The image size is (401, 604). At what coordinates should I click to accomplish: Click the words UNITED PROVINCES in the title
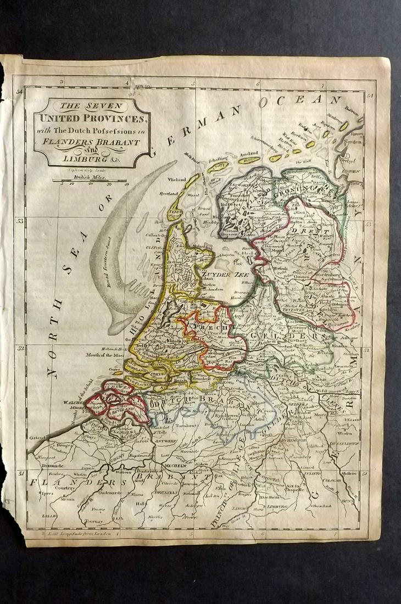click(91, 118)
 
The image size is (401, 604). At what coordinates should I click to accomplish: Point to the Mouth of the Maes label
click(104, 355)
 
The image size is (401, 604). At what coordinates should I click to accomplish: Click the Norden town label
click(358, 141)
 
